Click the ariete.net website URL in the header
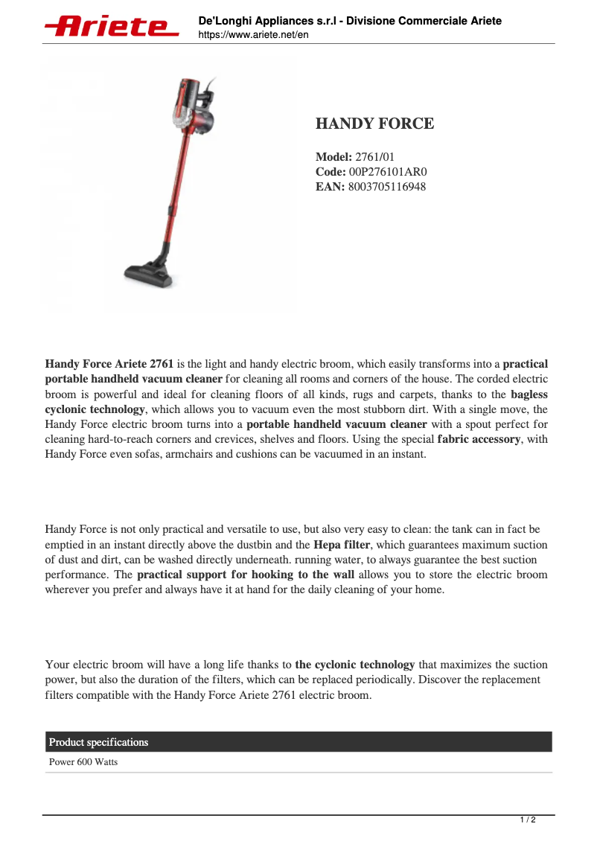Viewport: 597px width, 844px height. click(253, 35)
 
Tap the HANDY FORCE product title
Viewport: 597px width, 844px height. click(374, 124)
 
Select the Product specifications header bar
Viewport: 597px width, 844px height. click(298, 742)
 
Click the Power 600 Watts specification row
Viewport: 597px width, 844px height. click(83, 763)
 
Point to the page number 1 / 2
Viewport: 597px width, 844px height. click(527, 820)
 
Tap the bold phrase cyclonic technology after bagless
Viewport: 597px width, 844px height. click(95, 409)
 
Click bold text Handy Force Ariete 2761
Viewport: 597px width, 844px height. click(109, 364)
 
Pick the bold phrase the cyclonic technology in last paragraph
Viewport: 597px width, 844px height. click(354, 665)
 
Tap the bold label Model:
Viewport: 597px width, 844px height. click(333, 157)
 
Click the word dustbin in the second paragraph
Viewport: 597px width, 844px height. click(275, 544)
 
